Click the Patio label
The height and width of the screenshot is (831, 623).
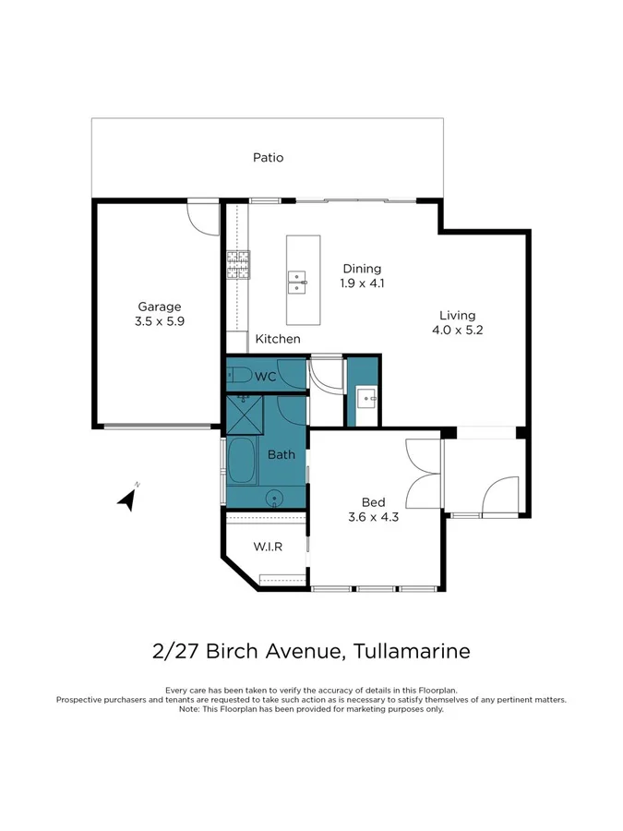268,158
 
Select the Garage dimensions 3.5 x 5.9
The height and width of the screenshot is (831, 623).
160,322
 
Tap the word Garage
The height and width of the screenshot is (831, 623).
160,307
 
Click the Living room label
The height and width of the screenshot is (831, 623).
457,315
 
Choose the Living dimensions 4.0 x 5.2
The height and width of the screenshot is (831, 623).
457,330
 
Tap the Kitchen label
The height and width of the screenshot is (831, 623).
278,339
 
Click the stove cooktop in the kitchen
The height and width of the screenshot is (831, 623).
238,266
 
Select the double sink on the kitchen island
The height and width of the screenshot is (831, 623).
297,281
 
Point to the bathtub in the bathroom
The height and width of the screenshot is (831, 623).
242,462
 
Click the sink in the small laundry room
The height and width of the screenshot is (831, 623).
366,400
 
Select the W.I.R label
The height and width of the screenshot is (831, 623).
268,547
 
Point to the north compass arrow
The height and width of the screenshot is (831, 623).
128,500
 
